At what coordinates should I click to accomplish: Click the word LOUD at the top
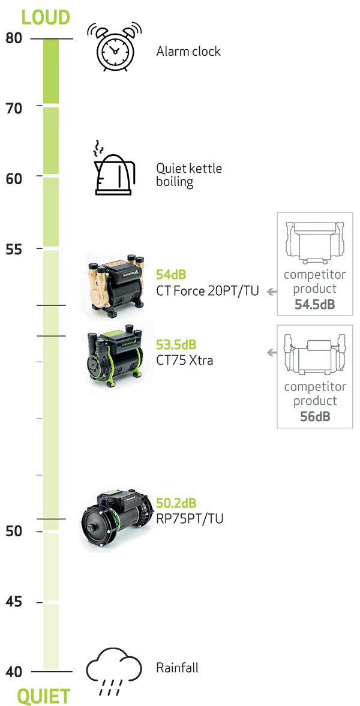[46, 17]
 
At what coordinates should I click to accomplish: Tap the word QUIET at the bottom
[44, 696]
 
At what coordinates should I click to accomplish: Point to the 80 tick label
[14, 38]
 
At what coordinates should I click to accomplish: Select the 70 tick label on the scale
[14, 109]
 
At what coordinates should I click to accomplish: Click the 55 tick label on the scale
[14, 250]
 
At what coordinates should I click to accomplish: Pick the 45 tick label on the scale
[14, 602]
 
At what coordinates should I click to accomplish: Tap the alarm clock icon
[115, 48]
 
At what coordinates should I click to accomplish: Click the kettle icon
[113, 168]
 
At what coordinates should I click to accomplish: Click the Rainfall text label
[177, 667]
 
